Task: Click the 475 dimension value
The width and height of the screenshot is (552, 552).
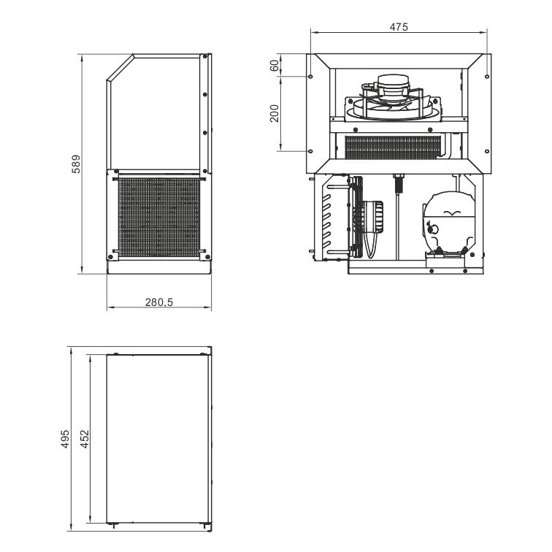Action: click(399, 27)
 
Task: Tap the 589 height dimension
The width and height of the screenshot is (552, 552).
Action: click(76, 164)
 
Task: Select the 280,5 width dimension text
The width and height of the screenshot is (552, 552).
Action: click(159, 302)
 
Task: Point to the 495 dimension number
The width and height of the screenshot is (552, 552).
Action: click(66, 439)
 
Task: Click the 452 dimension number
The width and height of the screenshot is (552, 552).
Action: click(85, 439)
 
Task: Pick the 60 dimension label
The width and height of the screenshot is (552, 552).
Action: click(275, 66)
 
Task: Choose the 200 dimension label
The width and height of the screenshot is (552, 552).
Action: click(275, 113)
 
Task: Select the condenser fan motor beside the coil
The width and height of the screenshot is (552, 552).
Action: click(373, 217)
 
